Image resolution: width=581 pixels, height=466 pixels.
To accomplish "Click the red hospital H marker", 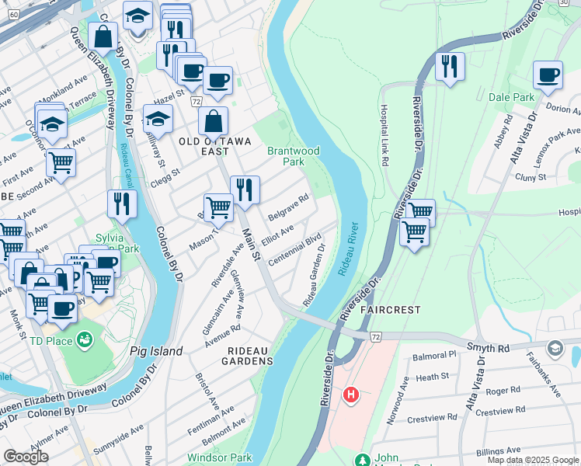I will [x=351, y=396].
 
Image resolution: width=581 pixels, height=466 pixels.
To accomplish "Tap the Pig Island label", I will [x=156, y=351].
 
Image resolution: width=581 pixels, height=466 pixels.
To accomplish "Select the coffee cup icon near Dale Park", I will [x=548, y=75].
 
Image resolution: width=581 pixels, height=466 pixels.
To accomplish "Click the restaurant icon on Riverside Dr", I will [x=450, y=67].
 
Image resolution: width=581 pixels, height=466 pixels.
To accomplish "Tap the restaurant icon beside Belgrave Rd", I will [x=245, y=190].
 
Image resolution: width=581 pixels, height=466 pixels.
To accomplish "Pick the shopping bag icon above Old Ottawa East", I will [x=212, y=121].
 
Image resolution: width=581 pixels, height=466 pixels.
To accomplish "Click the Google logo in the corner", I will [x=26, y=457].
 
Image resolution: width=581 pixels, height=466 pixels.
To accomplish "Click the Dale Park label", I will [x=512, y=97].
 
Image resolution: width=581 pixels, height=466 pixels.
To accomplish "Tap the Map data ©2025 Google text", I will [x=532, y=460].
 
